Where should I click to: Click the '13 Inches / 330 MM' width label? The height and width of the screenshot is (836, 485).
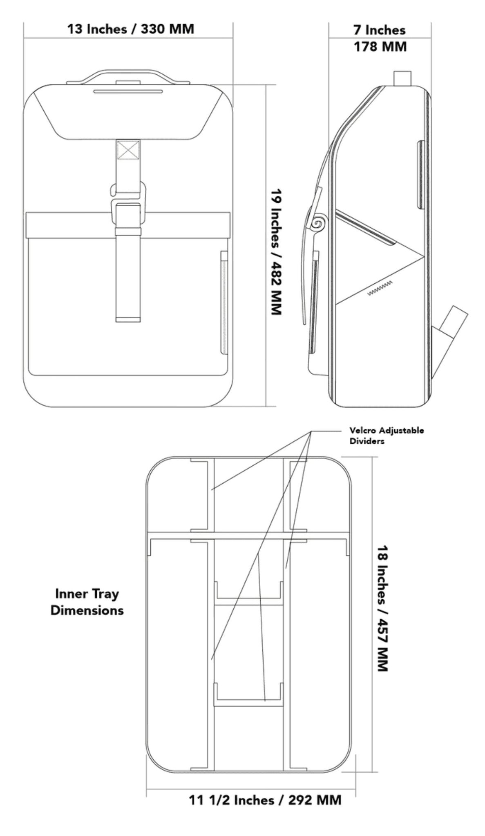click(x=130, y=29)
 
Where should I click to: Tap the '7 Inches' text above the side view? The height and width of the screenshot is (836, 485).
click(x=379, y=30)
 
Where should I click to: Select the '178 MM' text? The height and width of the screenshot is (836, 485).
click(x=380, y=47)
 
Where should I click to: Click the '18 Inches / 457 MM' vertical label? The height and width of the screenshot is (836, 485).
click(x=382, y=608)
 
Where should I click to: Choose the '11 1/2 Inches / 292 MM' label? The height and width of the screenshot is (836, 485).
click(x=265, y=800)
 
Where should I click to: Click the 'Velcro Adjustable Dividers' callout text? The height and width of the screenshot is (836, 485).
click(x=386, y=436)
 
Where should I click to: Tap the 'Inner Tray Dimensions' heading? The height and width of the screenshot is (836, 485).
click(x=87, y=602)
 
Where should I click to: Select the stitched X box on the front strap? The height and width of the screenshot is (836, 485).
click(x=128, y=150)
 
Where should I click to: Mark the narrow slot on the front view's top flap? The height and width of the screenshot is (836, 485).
click(x=128, y=91)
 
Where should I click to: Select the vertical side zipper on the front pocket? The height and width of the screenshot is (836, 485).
click(x=224, y=302)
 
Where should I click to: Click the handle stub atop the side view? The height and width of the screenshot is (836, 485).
click(x=402, y=78)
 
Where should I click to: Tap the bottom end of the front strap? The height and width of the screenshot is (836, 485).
click(x=128, y=318)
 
